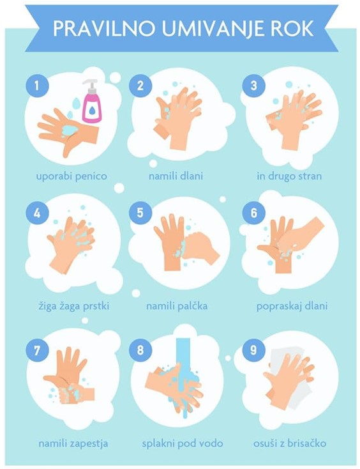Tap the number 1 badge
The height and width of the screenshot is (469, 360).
37,86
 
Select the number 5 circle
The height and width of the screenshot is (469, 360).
140,213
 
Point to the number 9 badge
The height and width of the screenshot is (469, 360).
253,350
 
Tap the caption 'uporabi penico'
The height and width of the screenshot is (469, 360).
71,176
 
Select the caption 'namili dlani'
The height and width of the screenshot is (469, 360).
176,176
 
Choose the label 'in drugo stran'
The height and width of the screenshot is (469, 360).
289,176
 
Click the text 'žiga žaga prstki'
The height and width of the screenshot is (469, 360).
74,306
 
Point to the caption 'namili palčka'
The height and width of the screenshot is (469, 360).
177,306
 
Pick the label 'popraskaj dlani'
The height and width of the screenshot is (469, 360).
292,306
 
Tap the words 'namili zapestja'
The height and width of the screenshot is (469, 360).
73,443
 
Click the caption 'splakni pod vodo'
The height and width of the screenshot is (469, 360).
183,443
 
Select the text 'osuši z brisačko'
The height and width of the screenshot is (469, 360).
290,443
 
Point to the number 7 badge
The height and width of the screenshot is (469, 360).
37,350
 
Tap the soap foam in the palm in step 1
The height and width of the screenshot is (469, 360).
70,130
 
